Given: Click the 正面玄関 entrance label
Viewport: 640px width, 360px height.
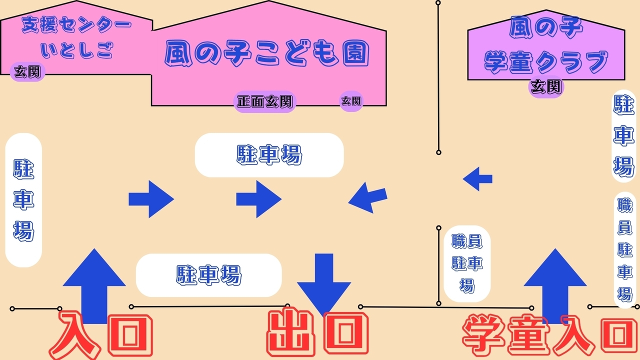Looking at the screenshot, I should click(x=265, y=102).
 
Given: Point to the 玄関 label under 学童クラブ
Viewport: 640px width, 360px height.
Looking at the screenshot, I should click(x=546, y=87).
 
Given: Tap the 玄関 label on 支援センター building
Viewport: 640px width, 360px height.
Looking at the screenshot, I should click(x=28, y=71).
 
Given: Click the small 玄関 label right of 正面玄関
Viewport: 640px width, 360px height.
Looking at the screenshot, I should click(x=351, y=101).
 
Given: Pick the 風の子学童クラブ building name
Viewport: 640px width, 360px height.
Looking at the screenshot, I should click(x=546, y=47).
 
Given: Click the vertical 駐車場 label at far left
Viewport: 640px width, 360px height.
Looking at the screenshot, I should click(x=23, y=200).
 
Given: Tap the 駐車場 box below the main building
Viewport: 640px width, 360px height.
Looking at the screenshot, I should click(x=269, y=155).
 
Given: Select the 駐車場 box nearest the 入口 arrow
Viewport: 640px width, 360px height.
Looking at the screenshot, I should click(x=208, y=275).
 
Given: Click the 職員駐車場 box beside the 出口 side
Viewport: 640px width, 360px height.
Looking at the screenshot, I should click(x=467, y=263).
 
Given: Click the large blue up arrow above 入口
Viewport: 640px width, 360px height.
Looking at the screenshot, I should click(x=94, y=282).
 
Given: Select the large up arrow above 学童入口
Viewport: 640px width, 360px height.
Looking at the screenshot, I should click(x=555, y=282).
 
